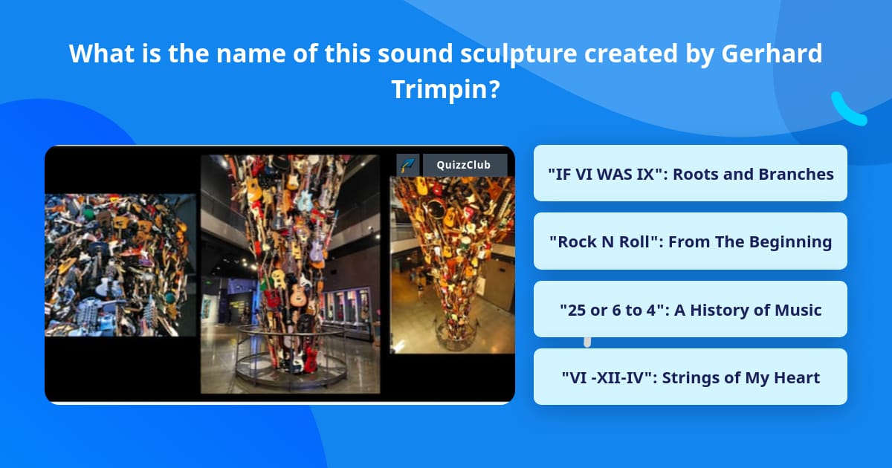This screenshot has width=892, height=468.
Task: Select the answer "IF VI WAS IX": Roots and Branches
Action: point(690,174)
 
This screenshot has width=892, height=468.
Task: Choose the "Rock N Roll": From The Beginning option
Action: point(690,241)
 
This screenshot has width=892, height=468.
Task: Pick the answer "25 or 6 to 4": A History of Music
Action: point(690,310)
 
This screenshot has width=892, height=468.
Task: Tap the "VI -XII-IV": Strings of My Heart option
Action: point(690,377)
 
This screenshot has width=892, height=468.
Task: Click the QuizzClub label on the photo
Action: point(465,165)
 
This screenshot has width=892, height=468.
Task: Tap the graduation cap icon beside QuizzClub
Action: point(408,165)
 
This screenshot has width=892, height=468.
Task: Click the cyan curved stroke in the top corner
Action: point(848,109)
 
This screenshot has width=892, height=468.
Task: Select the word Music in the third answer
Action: point(798,310)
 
